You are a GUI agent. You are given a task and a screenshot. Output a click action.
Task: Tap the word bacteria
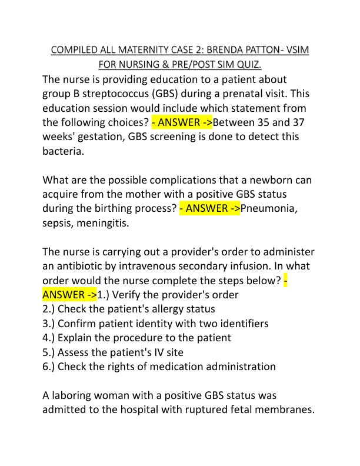click(x=64, y=151)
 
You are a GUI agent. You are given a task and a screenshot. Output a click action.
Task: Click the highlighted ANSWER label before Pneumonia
click(x=209, y=208)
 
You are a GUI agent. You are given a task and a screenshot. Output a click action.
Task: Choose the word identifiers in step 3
click(x=238, y=323)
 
